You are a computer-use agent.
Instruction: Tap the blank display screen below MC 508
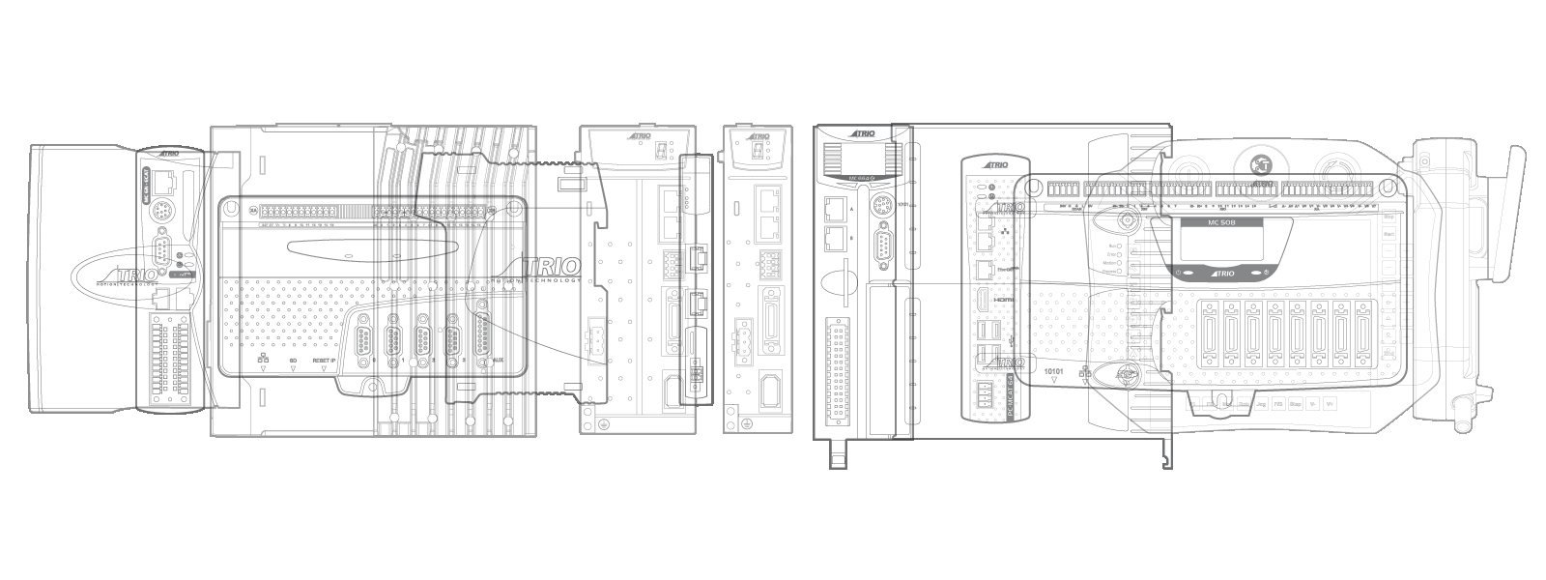1222,246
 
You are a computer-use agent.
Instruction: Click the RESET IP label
324,361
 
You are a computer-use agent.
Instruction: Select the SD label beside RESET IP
292,361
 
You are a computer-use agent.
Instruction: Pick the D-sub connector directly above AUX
480,335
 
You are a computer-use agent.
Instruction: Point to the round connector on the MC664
881,205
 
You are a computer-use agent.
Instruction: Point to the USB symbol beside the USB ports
1010,340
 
